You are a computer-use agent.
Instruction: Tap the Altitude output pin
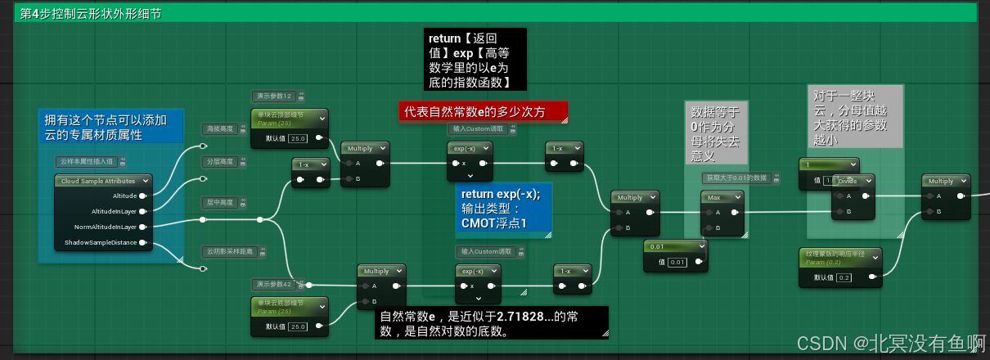click(x=142, y=196)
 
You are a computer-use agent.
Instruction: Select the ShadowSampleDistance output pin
click(x=142, y=242)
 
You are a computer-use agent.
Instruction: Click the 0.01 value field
click(x=677, y=262)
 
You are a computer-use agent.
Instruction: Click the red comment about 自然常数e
click(x=483, y=112)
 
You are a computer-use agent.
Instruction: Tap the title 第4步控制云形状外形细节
click(x=91, y=14)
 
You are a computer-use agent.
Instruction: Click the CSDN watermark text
click(x=891, y=341)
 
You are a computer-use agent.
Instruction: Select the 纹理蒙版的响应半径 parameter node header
click(x=839, y=257)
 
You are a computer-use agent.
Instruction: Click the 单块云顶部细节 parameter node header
click(x=288, y=118)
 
